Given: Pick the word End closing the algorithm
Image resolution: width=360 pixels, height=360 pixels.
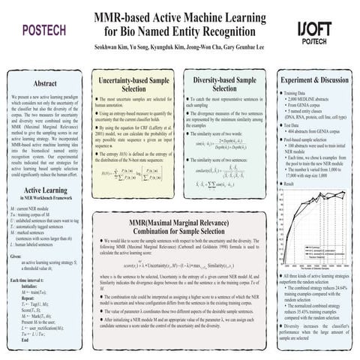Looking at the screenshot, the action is (x=19, y=341).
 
